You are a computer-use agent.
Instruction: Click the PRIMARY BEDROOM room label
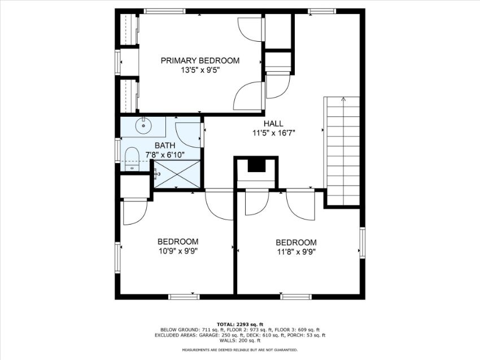200,60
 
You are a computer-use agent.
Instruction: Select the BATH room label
165,145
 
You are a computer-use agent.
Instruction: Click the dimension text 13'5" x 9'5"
200,70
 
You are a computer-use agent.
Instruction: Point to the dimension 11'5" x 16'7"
273,133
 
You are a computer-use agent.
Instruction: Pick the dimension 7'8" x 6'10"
165,155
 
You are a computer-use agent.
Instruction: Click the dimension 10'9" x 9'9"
178,251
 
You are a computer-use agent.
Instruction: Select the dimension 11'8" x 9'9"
296,252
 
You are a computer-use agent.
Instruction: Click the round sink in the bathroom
143,126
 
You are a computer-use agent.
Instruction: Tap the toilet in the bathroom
132,159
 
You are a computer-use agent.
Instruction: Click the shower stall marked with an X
177,174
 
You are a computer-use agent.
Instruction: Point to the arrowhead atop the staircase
343,99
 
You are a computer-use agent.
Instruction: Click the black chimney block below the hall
256,165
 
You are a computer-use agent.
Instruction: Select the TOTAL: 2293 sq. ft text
240,324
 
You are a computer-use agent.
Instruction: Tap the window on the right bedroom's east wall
363,243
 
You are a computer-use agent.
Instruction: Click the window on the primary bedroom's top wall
165,11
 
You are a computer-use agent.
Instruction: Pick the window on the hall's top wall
322,11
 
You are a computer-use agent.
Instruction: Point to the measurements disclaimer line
240,350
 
